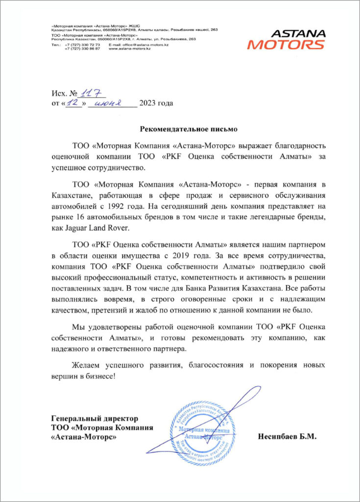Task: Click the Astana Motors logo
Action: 287,40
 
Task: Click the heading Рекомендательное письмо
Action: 189,129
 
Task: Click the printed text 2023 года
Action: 156,103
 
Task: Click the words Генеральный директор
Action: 95,419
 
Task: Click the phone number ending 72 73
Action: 82,45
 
